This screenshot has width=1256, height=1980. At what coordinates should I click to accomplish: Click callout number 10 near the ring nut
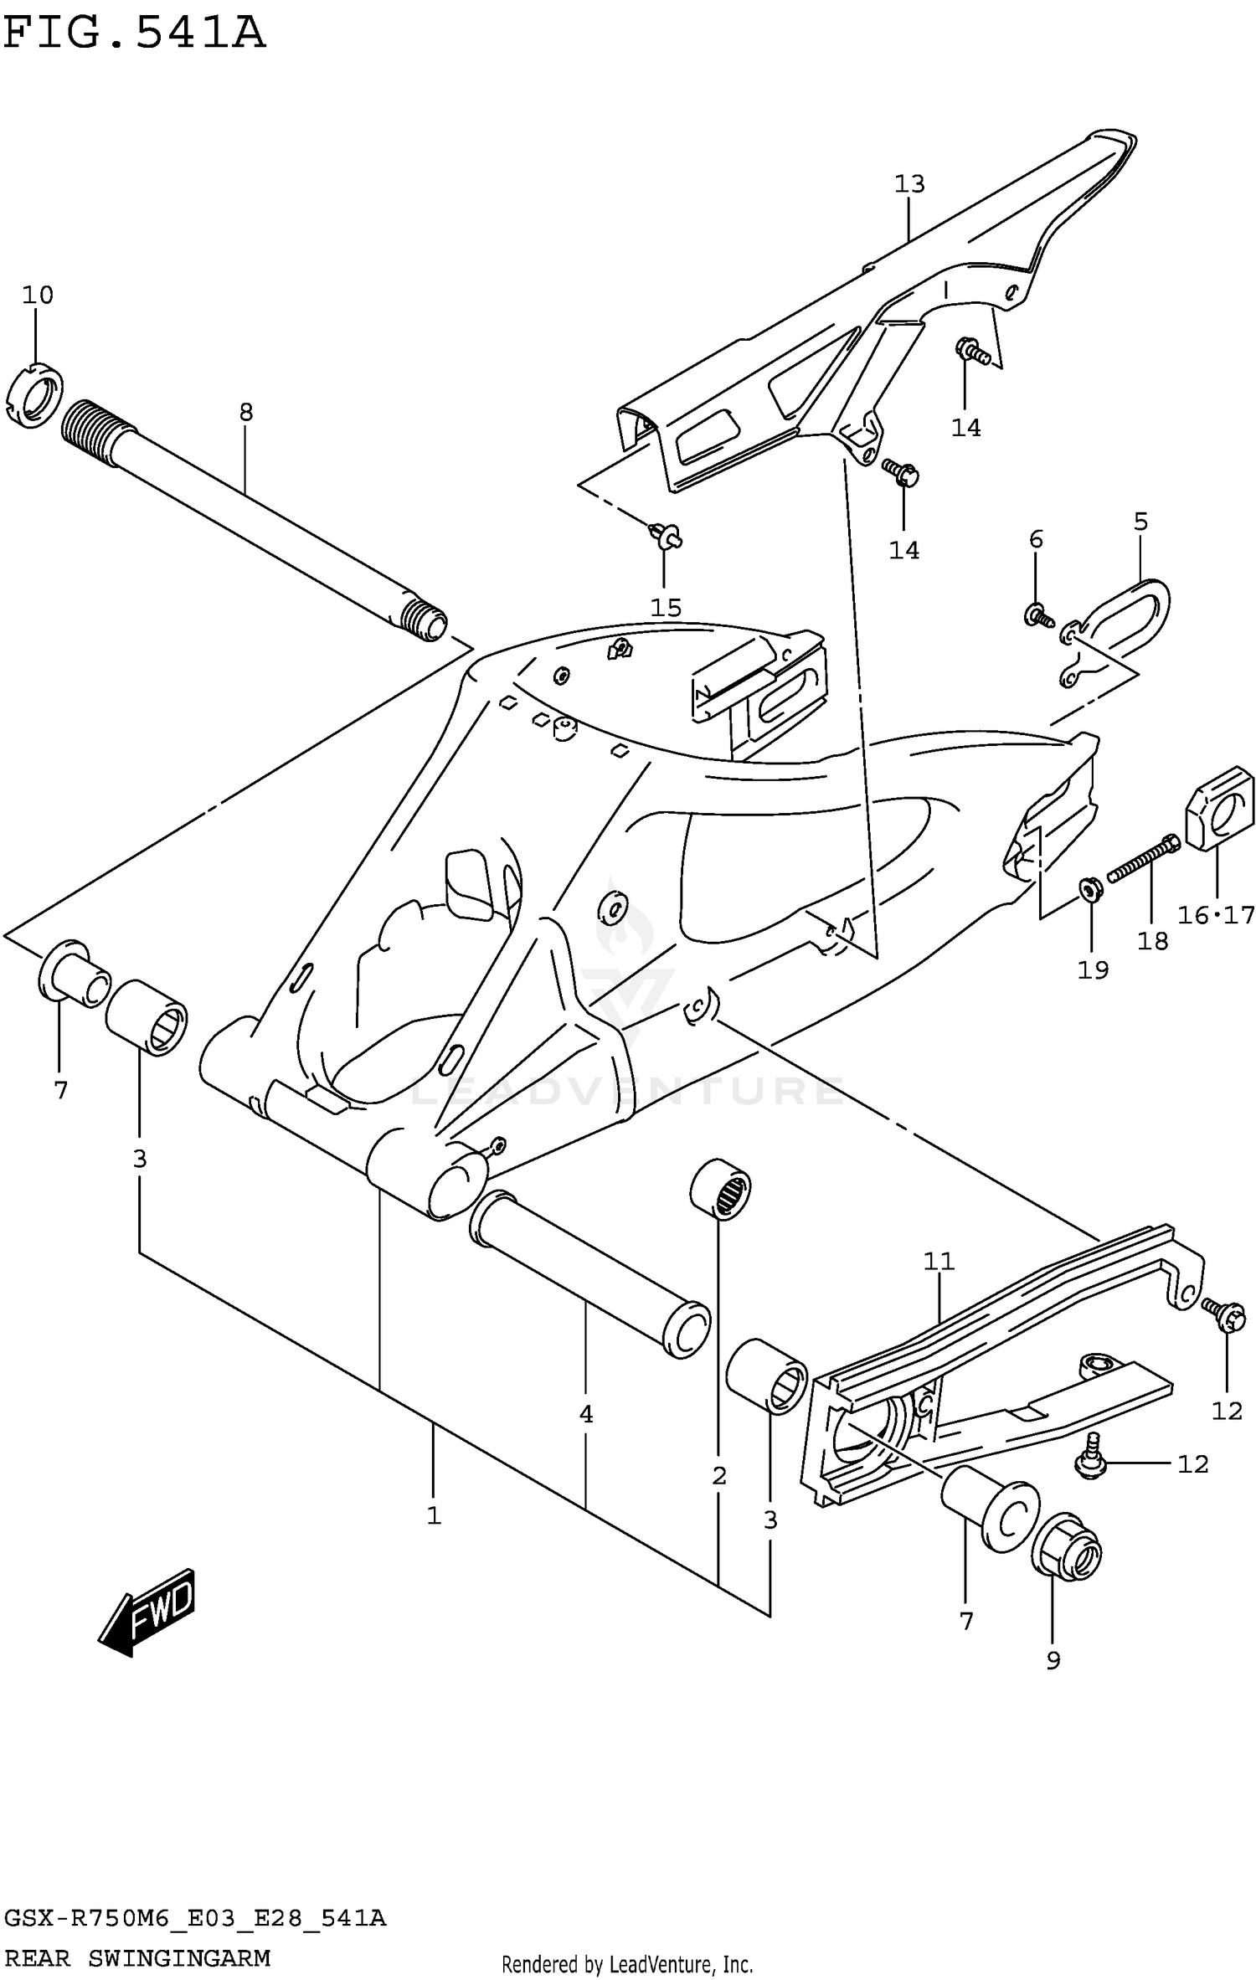pos(38,295)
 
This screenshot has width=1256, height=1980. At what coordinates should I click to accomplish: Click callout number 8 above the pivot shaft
pos(245,412)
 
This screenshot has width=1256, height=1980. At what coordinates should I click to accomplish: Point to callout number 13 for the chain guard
pos(909,183)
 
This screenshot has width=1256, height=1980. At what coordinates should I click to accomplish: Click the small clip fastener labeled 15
pos(665,535)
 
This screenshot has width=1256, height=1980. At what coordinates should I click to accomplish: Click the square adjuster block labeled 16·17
pos(1218,808)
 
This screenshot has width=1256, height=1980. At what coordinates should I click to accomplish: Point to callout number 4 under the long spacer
pos(585,1414)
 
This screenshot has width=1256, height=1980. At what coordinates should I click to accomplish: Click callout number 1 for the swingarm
pos(433,1515)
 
